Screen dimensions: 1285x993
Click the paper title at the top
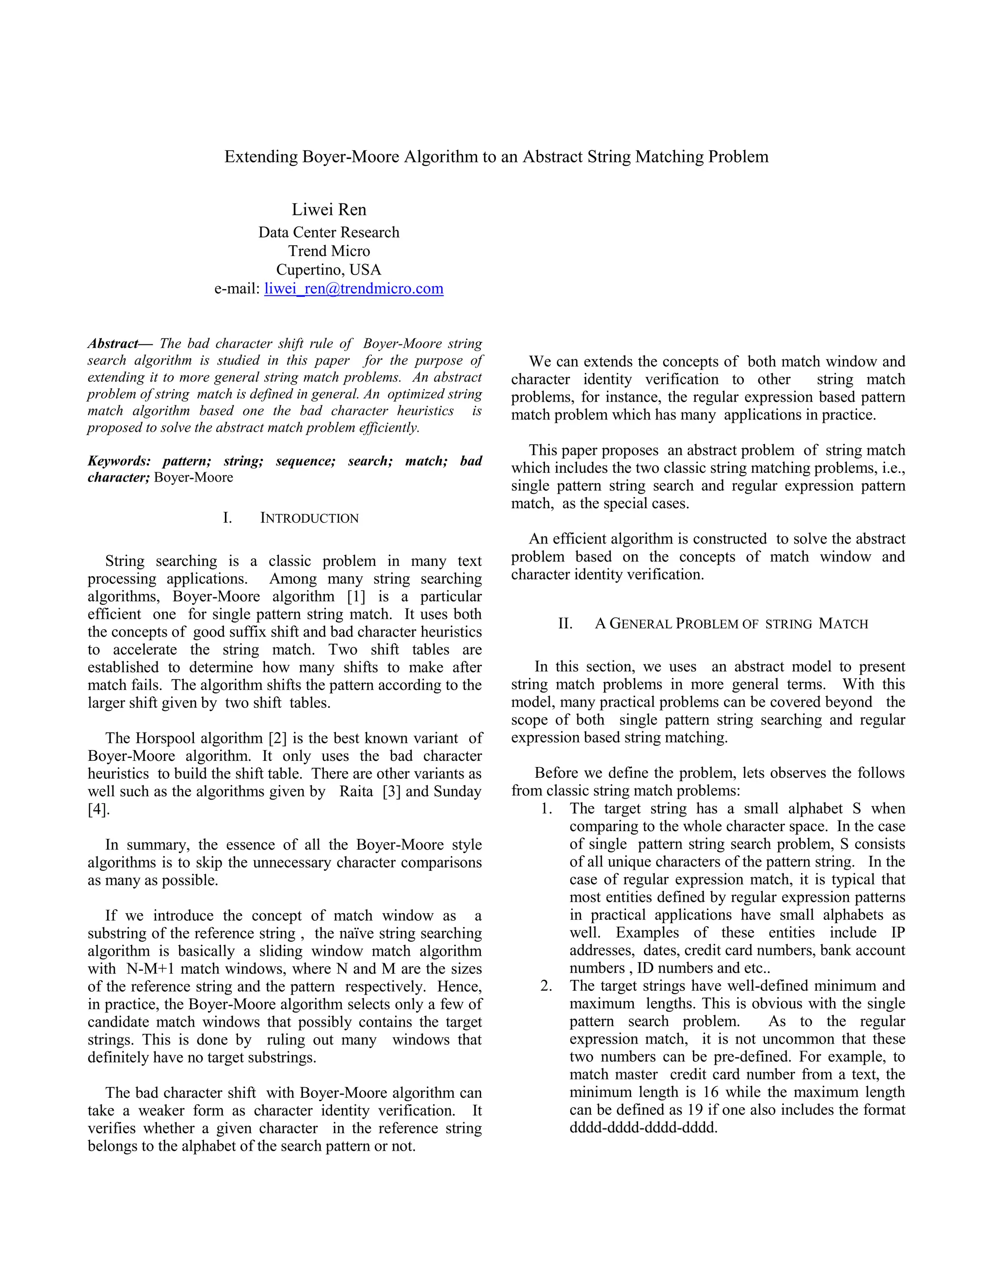click(496, 157)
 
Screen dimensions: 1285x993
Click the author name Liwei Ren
click(329, 209)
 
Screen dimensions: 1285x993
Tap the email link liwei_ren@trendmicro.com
click(353, 289)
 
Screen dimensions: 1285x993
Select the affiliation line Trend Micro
click(329, 251)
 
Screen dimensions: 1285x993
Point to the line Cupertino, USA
click(329, 270)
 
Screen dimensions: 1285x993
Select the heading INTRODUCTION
click(309, 518)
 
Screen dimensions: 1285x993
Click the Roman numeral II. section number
click(565, 624)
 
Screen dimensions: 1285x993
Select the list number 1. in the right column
click(546, 809)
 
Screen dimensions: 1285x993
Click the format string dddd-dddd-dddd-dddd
click(643, 1128)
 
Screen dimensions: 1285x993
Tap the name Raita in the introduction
click(356, 791)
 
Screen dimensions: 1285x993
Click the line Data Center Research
click(329, 232)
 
